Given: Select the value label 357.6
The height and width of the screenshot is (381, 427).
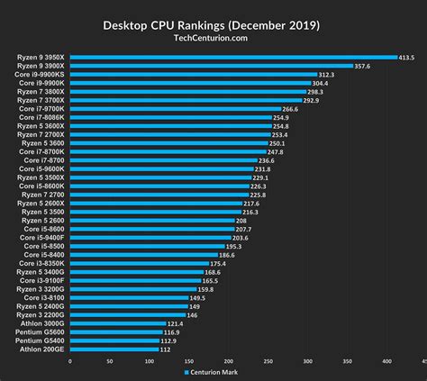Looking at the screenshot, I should pyautogui.click(x=363, y=66).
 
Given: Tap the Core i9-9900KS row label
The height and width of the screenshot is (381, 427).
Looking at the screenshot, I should pyautogui.click(x=40, y=75).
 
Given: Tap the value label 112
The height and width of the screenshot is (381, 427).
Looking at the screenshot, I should pyautogui.click(x=165, y=349).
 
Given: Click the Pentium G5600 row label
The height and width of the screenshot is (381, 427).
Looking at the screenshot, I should pyautogui.click(x=41, y=332).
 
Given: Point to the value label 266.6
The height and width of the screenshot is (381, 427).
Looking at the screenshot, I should pyautogui.click(x=291, y=109).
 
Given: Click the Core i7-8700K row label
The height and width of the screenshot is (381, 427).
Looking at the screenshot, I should pyautogui.click(x=41, y=151).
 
